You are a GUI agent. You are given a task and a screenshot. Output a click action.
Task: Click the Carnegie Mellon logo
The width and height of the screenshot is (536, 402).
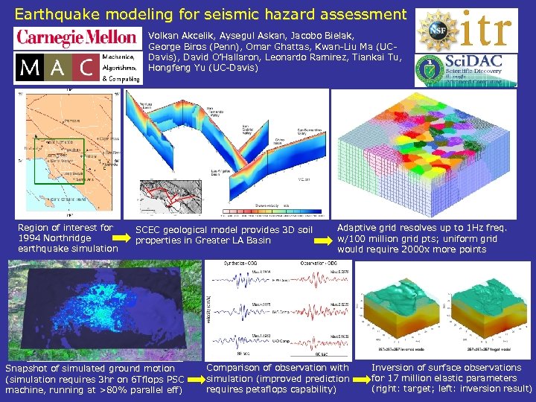(x=77, y=38)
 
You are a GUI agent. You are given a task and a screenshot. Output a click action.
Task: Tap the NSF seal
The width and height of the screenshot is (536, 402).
(x=437, y=29)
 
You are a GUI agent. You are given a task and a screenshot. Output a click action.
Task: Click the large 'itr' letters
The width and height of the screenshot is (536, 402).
(x=486, y=29)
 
